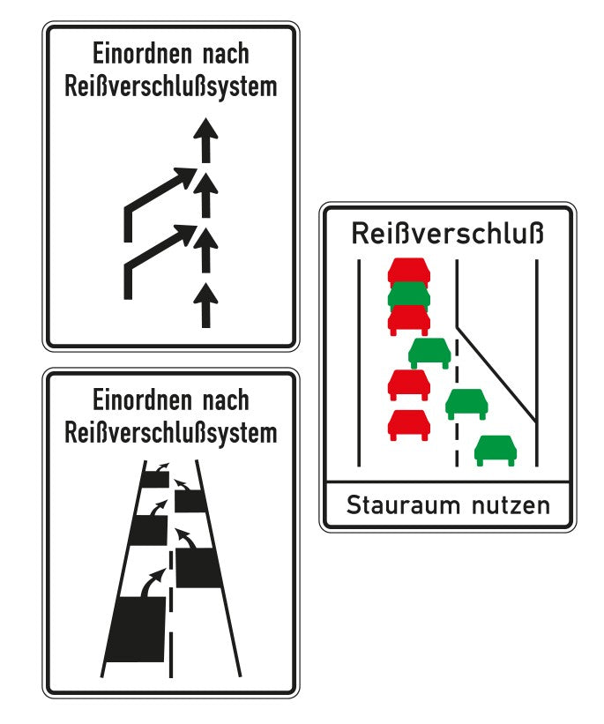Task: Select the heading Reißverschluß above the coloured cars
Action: click(x=448, y=235)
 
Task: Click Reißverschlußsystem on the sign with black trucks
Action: click(x=171, y=433)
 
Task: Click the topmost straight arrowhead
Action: click(x=205, y=132)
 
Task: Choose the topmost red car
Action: click(x=408, y=269)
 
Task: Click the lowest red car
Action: click(x=408, y=423)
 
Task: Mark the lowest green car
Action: click(x=496, y=449)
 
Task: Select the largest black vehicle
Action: click(x=136, y=628)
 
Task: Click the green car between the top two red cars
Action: click(x=408, y=294)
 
